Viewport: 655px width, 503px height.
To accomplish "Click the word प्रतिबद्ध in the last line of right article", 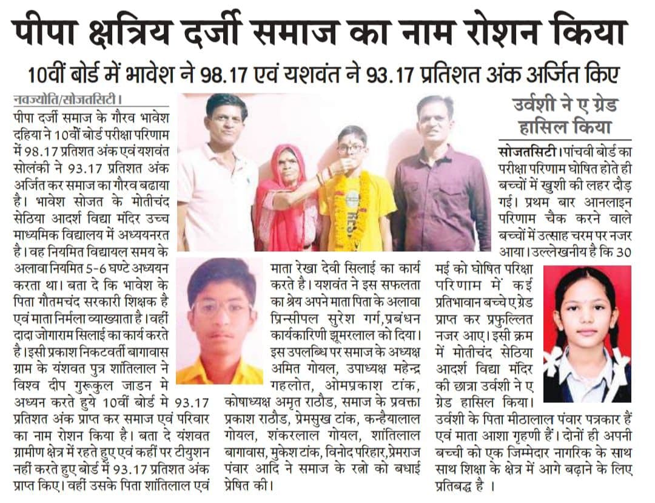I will pos(463,485).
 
